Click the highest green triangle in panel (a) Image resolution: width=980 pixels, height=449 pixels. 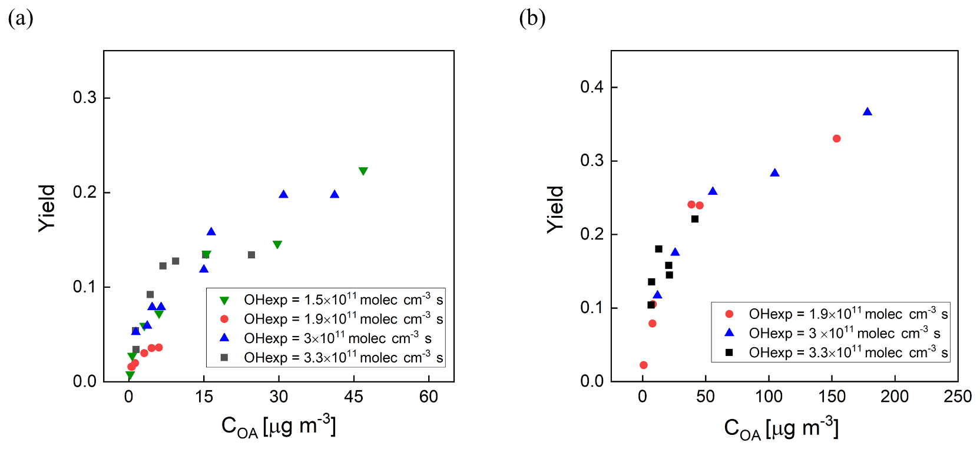tap(363, 171)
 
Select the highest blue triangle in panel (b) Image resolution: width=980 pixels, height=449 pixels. tap(867, 112)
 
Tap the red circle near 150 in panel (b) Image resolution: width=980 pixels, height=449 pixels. tap(836, 139)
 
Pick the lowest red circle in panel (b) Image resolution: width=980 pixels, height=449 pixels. tap(643, 365)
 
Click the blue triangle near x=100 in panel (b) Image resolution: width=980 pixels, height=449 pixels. tap(774, 173)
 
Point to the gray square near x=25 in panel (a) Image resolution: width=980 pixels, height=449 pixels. tap(251, 255)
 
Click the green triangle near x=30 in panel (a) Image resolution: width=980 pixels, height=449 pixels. tap(277, 244)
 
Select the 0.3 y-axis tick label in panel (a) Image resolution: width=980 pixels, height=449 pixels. tap(85, 97)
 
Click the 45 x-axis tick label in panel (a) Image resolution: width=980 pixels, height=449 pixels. tap(353, 397)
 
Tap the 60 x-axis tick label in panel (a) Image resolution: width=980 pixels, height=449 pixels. tap(429, 397)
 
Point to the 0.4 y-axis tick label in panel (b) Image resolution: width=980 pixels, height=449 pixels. tap(592, 87)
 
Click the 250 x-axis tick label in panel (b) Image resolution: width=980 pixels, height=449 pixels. tap(958, 397)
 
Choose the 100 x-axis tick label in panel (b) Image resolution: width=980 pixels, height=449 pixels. tap(769, 397)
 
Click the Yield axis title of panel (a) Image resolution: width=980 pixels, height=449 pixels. tap(47, 208)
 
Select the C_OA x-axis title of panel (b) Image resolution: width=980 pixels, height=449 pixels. tap(781, 428)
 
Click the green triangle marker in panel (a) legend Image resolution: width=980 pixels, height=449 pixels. tap(224, 300)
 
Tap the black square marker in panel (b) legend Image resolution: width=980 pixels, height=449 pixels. tap(729, 352)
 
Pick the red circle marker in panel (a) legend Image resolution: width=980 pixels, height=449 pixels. tap(224, 319)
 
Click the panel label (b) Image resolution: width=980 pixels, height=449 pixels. tap(532, 18)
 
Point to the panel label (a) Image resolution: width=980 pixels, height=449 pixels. tap(21, 18)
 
